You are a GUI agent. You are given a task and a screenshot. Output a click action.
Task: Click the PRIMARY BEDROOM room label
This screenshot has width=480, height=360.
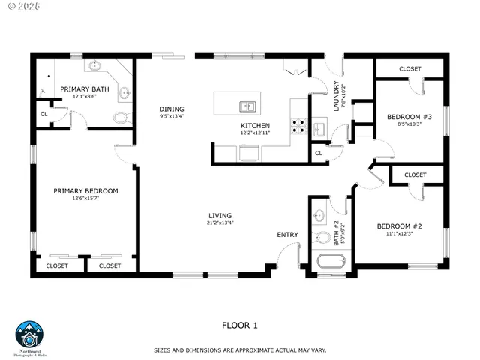pyautogui.click(x=85, y=191)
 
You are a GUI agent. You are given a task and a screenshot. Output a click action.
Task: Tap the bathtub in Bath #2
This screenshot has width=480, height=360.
pyautogui.click(x=329, y=263)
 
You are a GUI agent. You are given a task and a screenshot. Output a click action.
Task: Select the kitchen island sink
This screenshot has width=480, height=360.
pyautogui.click(x=247, y=106)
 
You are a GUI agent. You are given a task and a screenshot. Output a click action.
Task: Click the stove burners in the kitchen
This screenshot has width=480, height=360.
pyautogui.click(x=298, y=127)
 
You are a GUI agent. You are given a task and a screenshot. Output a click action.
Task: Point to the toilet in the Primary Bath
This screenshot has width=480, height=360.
pyautogui.click(x=120, y=117)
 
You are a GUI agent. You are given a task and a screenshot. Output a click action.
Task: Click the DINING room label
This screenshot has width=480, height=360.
pyautogui.click(x=171, y=109)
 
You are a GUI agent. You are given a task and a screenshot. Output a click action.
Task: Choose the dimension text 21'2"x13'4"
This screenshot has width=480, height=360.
pyautogui.click(x=220, y=223)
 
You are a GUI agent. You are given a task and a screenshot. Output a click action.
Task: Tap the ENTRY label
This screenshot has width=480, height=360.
pyautogui.click(x=287, y=235)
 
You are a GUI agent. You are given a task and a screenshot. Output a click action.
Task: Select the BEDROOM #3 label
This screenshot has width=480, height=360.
pyautogui.click(x=409, y=117)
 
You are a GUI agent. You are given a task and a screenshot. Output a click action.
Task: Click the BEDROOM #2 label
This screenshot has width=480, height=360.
pyautogui.click(x=399, y=226)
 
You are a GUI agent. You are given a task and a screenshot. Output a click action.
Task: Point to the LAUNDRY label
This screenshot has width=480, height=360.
pyautogui.click(x=337, y=95)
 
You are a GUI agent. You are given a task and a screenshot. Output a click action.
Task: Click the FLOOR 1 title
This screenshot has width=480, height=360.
pyautogui.click(x=240, y=325)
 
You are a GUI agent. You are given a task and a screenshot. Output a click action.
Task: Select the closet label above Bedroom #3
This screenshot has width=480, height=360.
pyautogui.click(x=409, y=69)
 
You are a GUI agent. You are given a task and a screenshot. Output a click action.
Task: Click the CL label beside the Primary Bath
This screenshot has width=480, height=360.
pyautogui.click(x=43, y=115)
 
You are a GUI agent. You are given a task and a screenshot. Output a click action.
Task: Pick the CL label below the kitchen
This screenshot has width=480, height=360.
pyautogui.click(x=319, y=153)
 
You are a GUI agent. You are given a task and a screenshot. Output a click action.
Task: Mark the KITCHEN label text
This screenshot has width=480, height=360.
pyautogui.click(x=255, y=125)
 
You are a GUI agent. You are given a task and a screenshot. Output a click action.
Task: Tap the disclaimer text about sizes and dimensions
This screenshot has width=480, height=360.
pyautogui.click(x=240, y=350)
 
